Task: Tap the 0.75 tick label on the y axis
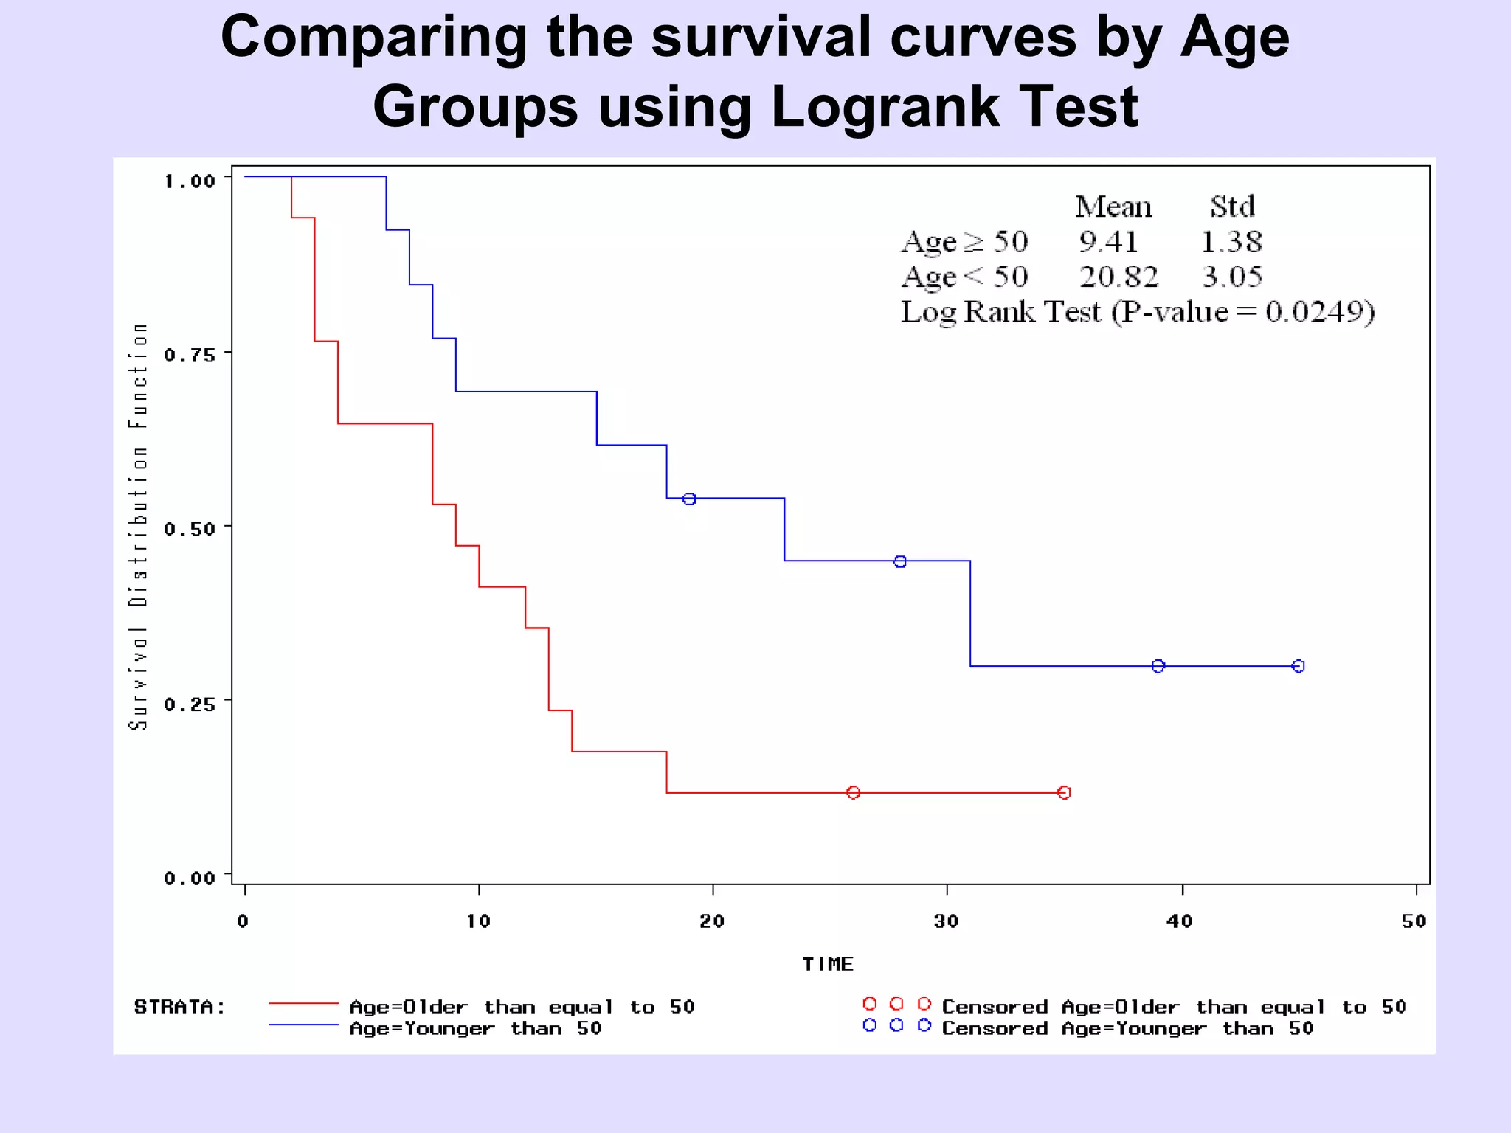tap(190, 356)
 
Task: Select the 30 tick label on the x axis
tap(946, 921)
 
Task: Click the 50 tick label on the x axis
tap(1414, 921)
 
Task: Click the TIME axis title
tap(828, 964)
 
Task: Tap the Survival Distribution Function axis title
tap(138, 526)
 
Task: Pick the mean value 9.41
tap(1108, 242)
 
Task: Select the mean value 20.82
tap(1118, 277)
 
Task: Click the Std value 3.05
tap(1232, 277)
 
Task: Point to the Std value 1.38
tap(1231, 242)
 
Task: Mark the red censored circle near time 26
tap(853, 793)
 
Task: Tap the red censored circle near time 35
tap(1064, 793)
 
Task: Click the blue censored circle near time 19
tap(689, 499)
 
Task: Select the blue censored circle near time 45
tap(1299, 666)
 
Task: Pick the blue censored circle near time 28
tap(900, 562)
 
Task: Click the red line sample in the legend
tap(303, 1004)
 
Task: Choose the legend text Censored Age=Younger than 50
tap(1127, 1029)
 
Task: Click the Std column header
tap(1232, 207)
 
